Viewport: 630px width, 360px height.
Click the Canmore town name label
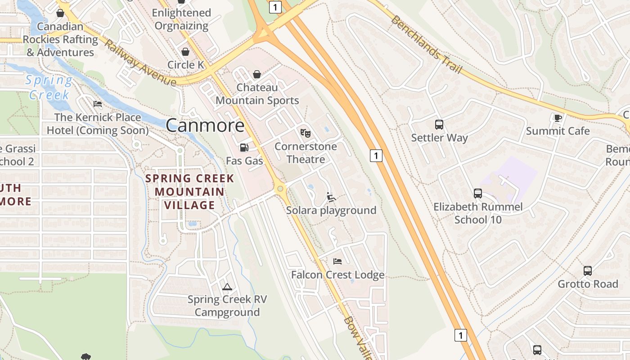pyautogui.click(x=205, y=126)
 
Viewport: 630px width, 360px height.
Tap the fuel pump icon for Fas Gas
pyautogui.click(x=244, y=147)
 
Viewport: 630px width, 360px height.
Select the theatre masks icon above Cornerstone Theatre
pyautogui.click(x=306, y=133)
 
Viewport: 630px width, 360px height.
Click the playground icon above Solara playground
pyautogui.click(x=331, y=197)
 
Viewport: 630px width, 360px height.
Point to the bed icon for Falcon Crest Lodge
pyautogui.click(x=337, y=261)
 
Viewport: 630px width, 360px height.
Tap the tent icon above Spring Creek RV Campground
pyautogui.click(x=227, y=287)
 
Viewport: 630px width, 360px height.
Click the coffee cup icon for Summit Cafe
pyautogui.click(x=558, y=118)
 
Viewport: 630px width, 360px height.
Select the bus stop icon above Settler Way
pyautogui.click(x=439, y=125)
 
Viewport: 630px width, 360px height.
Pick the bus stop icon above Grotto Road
pyautogui.click(x=588, y=271)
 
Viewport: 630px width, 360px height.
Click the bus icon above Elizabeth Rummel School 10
pyautogui.click(x=478, y=193)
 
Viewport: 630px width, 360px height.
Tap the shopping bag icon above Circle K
pyautogui.click(x=185, y=52)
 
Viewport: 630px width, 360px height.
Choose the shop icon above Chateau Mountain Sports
pyautogui.click(x=257, y=74)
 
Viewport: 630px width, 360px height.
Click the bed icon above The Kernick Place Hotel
pyautogui.click(x=98, y=104)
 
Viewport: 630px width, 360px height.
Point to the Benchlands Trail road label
pyautogui.click(x=427, y=45)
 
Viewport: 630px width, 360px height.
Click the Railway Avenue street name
pyautogui.click(x=140, y=63)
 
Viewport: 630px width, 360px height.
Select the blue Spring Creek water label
pyautogui.click(x=49, y=88)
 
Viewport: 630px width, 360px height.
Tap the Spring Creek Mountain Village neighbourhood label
pyautogui.click(x=189, y=192)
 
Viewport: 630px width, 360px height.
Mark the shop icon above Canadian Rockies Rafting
pyautogui.click(x=60, y=13)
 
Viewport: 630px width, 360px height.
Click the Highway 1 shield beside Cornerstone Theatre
pyautogui.click(x=376, y=156)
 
